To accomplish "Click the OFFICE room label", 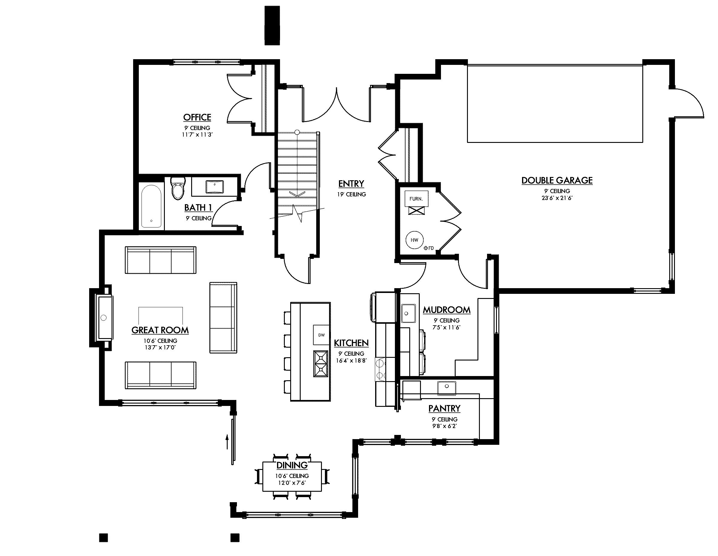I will tap(197, 117).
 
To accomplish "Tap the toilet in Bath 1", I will tap(178, 189).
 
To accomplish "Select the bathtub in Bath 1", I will tap(151, 206).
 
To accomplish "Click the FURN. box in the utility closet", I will tap(416, 199).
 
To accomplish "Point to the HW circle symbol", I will tap(414, 240).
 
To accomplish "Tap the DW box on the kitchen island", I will tap(321, 335).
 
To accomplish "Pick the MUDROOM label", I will tap(446, 310).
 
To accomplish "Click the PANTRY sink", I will tap(446, 387).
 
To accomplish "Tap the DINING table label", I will tap(292, 465).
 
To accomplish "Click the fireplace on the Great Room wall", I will tap(104, 317).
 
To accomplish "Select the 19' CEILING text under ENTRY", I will tap(351, 194).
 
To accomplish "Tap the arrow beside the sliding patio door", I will tap(227, 442).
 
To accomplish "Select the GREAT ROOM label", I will tap(160, 330).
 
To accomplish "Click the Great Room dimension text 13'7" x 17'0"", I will tap(160, 347).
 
